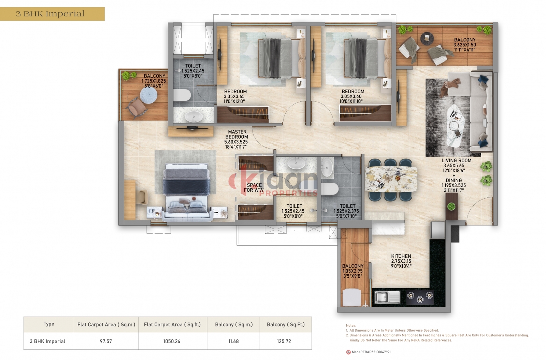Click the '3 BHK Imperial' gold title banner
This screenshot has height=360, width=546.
tap(52, 14)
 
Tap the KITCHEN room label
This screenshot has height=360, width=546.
tap(401, 256)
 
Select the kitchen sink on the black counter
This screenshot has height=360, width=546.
tap(387, 297)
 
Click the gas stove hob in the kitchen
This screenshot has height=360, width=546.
tap(420, 297)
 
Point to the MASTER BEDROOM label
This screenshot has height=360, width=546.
tap(237, 134)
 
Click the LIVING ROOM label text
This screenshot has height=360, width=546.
tap(456, 161)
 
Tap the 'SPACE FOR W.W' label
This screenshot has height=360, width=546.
tap(254, 188)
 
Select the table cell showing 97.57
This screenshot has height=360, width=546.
tap(106, 341)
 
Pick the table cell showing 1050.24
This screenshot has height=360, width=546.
tap(172, 341)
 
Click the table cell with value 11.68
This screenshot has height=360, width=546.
tap(233, 341)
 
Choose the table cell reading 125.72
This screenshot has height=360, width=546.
tap(284, 341)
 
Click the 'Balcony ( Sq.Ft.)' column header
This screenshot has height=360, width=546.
tap(286, 324)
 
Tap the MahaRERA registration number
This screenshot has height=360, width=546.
tap(371, 352)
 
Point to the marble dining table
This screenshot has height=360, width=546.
tap(391, 179)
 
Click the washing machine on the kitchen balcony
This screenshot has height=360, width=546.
tap(351, 297)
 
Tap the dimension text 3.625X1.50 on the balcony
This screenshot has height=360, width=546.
tap(464, 45)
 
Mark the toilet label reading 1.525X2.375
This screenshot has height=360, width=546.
tap(346, 211)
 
